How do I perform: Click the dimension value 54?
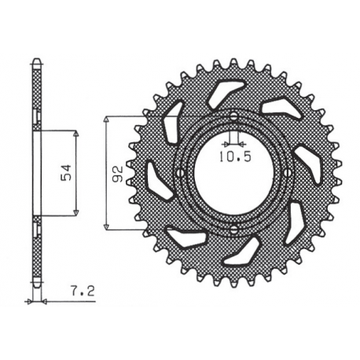coord(68,171)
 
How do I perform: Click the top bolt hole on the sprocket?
coord(233,117)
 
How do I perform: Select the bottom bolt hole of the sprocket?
coord(233,229)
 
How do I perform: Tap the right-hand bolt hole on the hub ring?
coord(288,173)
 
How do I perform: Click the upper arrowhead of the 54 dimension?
coord(75,131)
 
